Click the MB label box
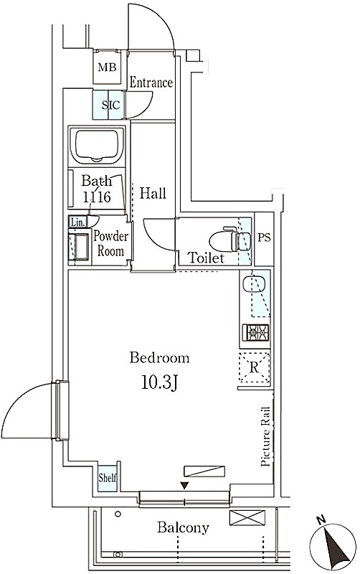(x=107, y=67)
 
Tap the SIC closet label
(x=110, y=105)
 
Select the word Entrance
(x=151, y=83)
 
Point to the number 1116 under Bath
(x=97, y=197)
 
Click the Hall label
(x=153, y=193)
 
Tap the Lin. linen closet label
(x=77, y=222)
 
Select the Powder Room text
(x=110, y=243)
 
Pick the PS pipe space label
(x=264, y=237)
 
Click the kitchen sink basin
(x=251, y=284)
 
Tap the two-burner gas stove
(x=255, y=332)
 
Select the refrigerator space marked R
(x=255, y=367)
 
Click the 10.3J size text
(x=159, y=383)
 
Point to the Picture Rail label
(x=265, y=436)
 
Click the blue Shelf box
(x=107, y=477)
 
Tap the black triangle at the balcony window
(x=185, y=486)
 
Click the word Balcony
(x=183, y=527)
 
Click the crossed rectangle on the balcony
(x=247, y=517)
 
